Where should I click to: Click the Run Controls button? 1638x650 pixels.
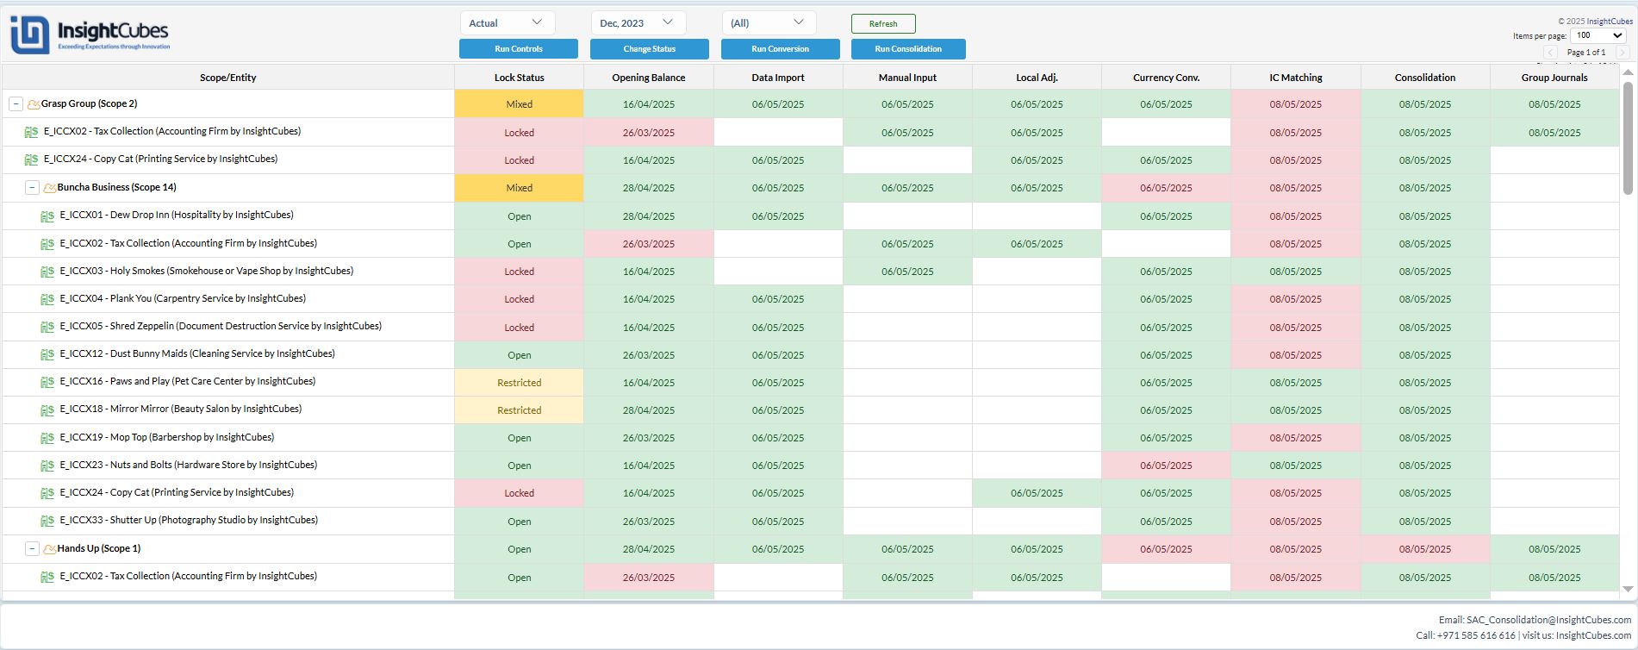pyautogui.click(x=519, y=49)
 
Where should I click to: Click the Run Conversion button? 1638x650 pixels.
pyautogui.click(x=780, y=49)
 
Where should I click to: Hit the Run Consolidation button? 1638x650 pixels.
pyautogui.click(x=908, y=49)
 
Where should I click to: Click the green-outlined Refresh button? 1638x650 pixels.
pyautogui.click(x=883, y=24)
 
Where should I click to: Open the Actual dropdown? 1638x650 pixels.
pyautogui.click(x=507, y=23)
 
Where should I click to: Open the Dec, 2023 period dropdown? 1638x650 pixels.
pyautogui.click(x=638, y=23)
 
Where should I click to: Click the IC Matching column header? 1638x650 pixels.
pyautogui.click(x=1295, y=78)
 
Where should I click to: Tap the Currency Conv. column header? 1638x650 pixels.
pyautogui.click(x=1166, y=78)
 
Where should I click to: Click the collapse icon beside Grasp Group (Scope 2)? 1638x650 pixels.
pyautogui.click(x=16, y=104)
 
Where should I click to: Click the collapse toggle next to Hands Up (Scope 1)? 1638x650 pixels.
pyautogui.click(x=32, y=549)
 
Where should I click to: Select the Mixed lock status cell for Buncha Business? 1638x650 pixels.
pyautogui.click(x=519, y=188)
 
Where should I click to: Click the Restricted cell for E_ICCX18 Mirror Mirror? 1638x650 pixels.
pyautogui.click(x=519, y=410)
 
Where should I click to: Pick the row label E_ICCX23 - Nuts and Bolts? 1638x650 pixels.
pyautogui.click(x=188, y=466)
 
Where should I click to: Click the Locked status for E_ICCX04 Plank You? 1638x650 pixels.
pyautogui.click(x=519, y=299)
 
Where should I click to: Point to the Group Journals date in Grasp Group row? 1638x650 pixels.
pyautogui.click(x=1554, y=104)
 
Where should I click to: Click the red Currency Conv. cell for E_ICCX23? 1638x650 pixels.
pyautogui.click(x=1166, y=466)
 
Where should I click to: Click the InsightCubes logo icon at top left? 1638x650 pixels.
pyautogui.click(x=29, y=35)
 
